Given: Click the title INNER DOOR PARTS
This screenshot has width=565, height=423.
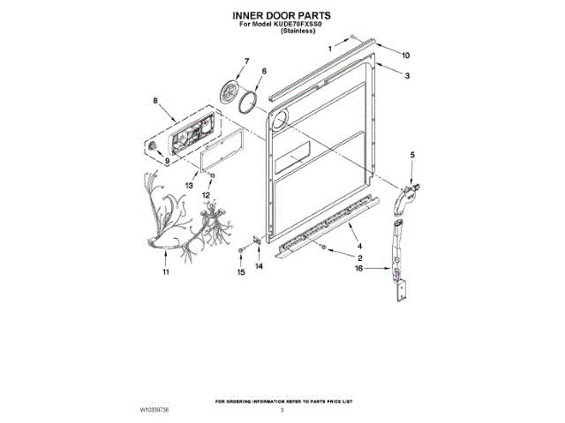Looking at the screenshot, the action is (x=282, y=16).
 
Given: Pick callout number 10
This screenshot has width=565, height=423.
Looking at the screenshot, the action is (x=406, y=56).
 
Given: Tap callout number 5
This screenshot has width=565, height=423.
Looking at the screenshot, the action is (x=411, y=155).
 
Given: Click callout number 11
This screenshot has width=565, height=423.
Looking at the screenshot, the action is (x=165, y=272).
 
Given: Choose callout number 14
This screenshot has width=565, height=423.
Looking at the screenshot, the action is (x=259, y=265).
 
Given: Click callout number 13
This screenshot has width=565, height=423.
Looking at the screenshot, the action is (x=189, y=186).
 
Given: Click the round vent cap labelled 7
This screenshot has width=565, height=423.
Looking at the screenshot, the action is (x=228, y=91).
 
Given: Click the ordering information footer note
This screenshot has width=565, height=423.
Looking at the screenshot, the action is (x=282, y=402).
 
